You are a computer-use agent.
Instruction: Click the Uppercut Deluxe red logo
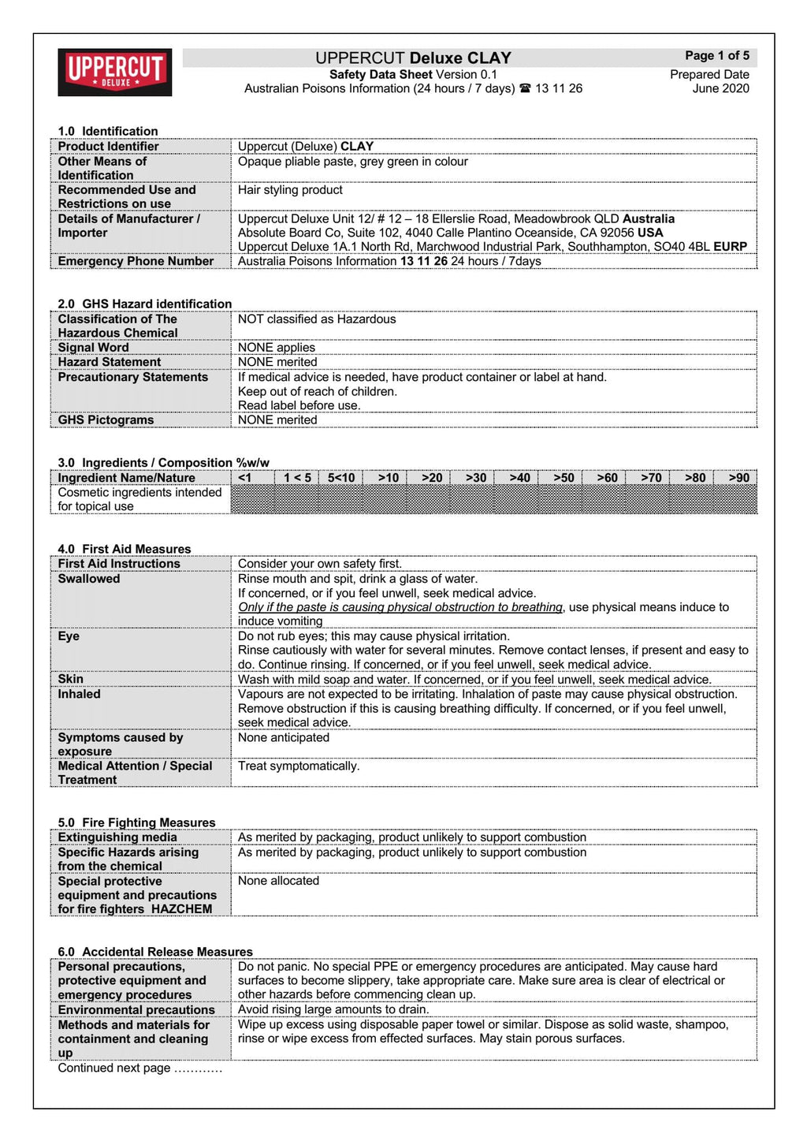point(115,72)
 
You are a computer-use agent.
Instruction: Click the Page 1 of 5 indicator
point(716,56)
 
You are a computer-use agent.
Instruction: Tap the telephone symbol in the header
point(525,89)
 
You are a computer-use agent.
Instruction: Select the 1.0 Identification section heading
point(108,132)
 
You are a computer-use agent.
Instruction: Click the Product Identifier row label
point(108,147)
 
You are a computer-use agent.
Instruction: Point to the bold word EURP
point(730,247)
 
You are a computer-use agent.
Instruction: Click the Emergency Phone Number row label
point(136,262)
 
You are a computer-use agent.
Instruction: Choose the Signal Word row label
point(93,348)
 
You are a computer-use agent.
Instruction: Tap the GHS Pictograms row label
point(106,420)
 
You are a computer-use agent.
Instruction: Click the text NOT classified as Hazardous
point(317,319)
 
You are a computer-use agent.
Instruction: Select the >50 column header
point(563,478)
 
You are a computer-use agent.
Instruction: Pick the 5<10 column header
point(341,478)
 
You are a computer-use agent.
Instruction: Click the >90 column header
point(738,478)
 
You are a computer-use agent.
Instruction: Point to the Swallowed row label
point(89,579)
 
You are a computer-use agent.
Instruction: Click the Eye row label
point(69,636)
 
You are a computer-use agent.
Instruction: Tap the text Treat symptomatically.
point(299,766)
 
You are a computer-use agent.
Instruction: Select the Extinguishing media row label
point(117,837)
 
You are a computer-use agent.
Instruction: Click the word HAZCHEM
point(182,909)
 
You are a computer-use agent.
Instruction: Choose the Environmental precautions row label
point(136,1010)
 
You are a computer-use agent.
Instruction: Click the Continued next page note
point(139,1068)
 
